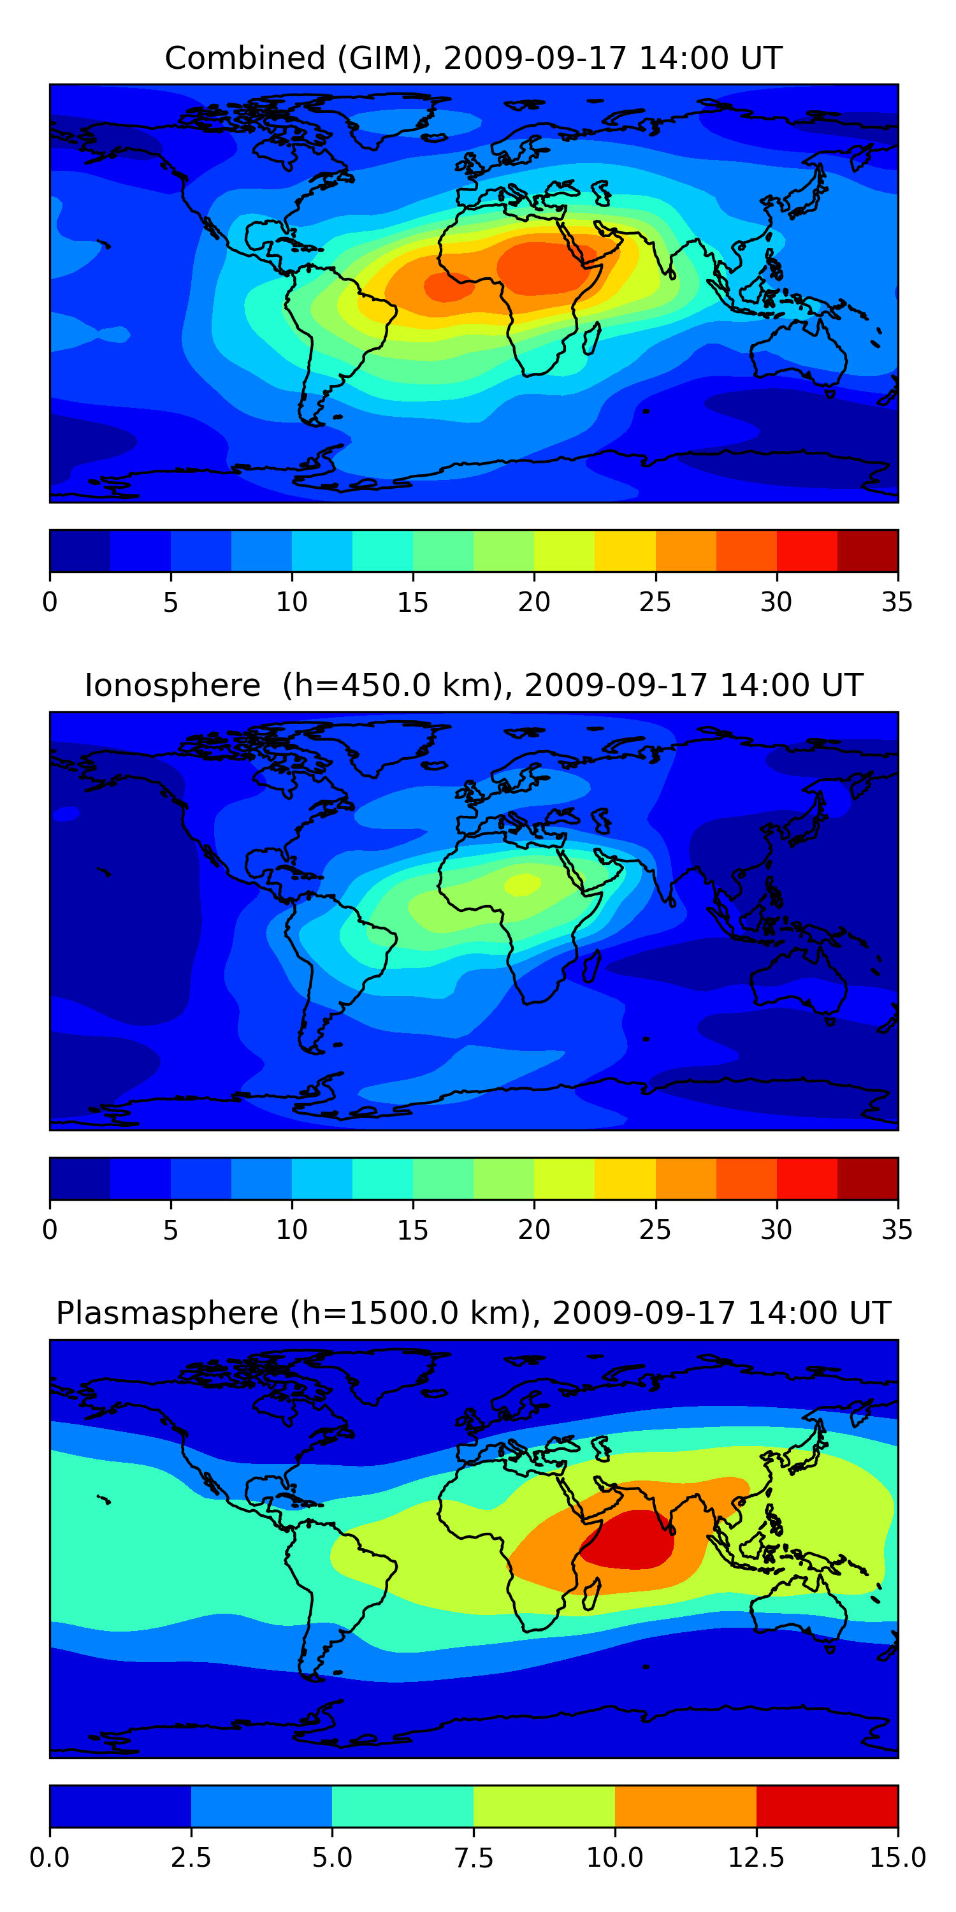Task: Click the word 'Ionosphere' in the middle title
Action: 172,685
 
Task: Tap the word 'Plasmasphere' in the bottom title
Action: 167,1314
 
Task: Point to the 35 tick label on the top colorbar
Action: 897,602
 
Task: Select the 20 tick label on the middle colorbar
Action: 533,1230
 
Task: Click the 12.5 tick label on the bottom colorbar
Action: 756,1858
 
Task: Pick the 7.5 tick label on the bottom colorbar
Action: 474,1858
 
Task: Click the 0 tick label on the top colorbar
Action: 50,602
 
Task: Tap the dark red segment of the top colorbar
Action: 867,551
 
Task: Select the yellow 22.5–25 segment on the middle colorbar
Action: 625,1178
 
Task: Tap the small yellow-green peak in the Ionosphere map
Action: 523,884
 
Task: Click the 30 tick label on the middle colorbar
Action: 776,1230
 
